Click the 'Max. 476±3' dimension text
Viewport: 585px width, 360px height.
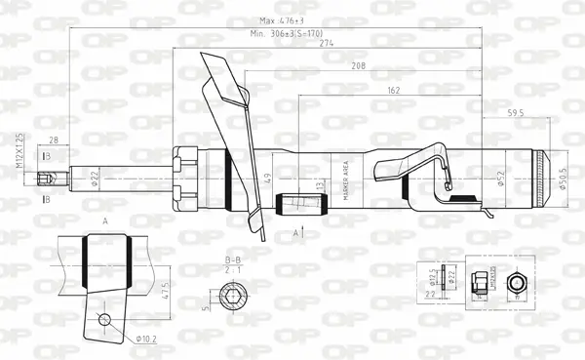coord(282,20)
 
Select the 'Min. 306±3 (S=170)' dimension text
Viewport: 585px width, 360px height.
coord(286,34)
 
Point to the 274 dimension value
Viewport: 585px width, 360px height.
coord(328,43)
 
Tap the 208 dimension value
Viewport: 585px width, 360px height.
coord(359,67)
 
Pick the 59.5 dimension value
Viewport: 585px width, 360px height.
coord(515,114)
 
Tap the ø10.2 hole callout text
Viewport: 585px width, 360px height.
coord(145,339)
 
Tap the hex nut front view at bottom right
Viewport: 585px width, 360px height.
coord(520,283)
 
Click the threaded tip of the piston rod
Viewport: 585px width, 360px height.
coord(43,179)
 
